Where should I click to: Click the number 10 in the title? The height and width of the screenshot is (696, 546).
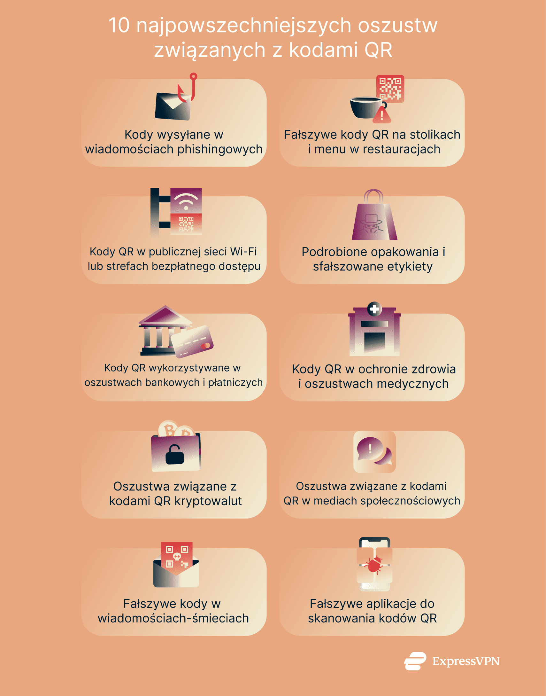point(119,26)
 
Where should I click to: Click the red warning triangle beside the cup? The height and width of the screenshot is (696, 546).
point(382,115)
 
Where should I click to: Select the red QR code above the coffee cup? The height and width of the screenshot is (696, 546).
point(390,89)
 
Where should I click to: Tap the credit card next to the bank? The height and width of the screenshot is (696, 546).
point(192,341)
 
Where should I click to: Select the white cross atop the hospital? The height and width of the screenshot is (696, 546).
point(374,309)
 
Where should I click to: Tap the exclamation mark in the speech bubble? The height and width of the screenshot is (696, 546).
point(370,449)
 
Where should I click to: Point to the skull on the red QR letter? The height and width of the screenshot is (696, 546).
point(177,557)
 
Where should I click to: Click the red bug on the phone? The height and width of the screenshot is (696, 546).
point(375,565)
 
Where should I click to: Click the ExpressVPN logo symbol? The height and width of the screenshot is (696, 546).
point(415,661)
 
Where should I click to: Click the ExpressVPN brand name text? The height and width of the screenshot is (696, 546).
point(466,661)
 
